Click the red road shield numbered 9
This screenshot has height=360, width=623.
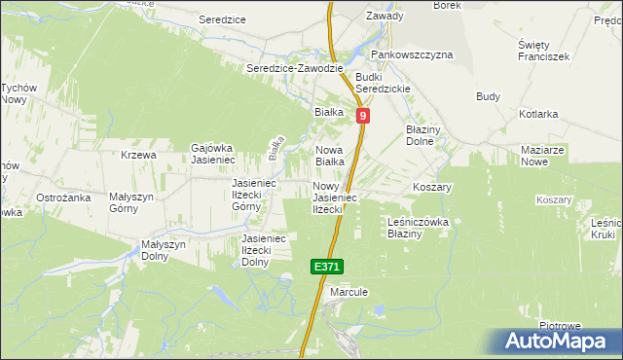362,116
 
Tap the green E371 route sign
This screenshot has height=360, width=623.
328,267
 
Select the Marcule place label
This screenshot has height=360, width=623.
348,291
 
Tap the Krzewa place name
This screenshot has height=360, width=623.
139,155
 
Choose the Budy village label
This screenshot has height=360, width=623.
488,96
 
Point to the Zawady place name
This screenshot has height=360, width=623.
384,16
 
